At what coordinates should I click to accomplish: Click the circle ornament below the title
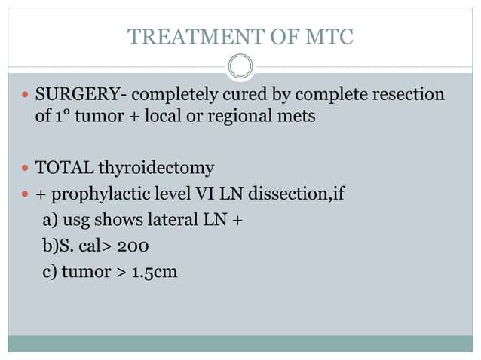point(240,66)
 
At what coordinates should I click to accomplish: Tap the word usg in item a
point(69,221)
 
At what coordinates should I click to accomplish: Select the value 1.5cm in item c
point(155,271)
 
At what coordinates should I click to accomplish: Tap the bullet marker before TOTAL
point(26,168)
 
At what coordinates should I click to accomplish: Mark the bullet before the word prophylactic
point(26,194)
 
